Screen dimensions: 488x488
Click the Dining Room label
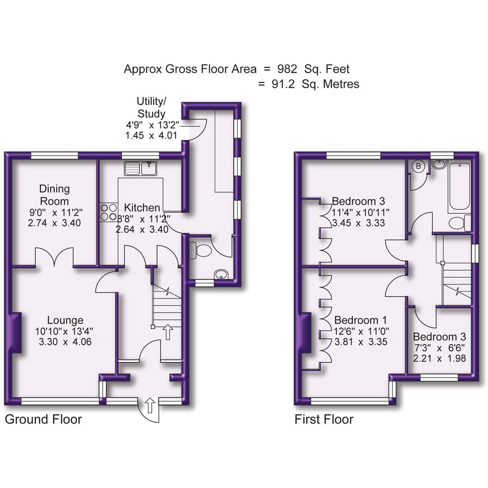pyautogui.click(x=54, y=194)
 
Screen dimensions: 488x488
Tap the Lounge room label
pyautogui.click(x=65, y=320)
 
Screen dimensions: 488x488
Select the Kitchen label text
pyautogui.click(x=142, y=207)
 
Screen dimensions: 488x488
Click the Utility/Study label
pyautogui.click(x=151, y=107)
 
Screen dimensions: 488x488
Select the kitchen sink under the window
pyautogui.click(x=140, y=168)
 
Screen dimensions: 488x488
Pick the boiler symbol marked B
pyautogui.click(x=418, y=167)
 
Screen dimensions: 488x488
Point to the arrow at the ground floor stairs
pyautogui.click(x=167, y=332)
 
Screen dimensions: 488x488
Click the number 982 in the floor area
pyautogui.click(x=287, y=69)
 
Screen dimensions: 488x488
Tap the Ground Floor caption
pyautogui.click(x=43, y=419)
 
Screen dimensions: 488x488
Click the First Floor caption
pyautogui.click(x=324, y=419)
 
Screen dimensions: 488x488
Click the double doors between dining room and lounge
pyautogui.click(x=55, y=258)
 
